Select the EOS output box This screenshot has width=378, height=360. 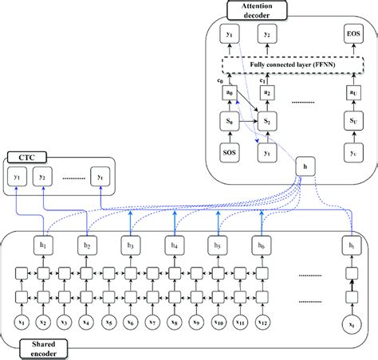coord(352,35)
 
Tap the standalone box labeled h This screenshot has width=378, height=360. coord(302,166)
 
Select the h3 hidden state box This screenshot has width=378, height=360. coord(130,245)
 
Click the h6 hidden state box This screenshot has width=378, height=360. coord(258,245)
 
